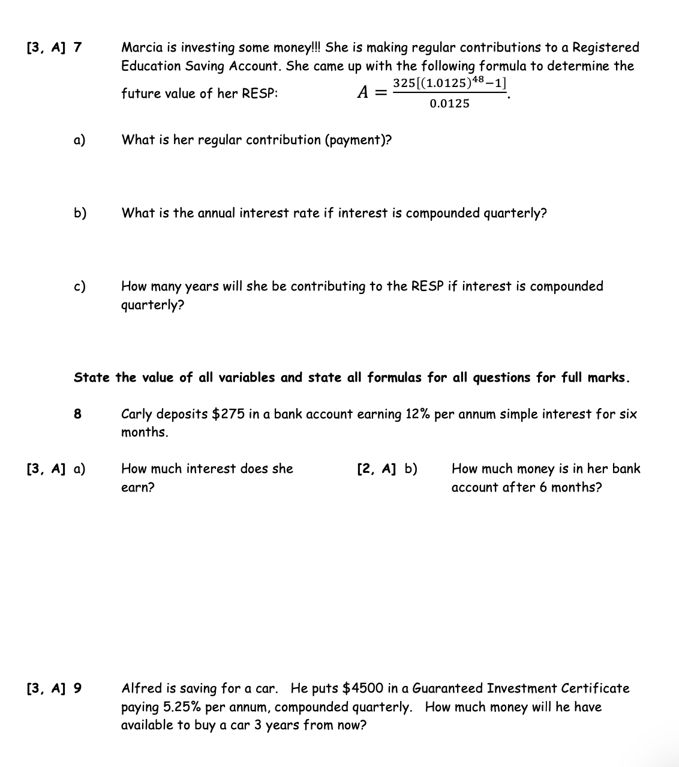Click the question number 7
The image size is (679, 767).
[78, 47]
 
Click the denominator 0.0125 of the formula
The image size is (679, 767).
[449, 104]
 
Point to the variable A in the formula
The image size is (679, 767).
[362, 92]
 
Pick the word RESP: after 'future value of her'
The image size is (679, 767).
[260, 94]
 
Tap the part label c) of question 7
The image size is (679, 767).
[80, 286]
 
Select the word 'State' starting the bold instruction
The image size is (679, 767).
[92, 377]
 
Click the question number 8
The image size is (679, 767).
[77, 414]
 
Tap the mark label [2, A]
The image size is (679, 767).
[376, 469]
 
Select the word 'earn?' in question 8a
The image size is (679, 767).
[137, 487]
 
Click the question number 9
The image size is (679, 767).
[78, 688]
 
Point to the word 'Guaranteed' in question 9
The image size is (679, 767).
[447, 688]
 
